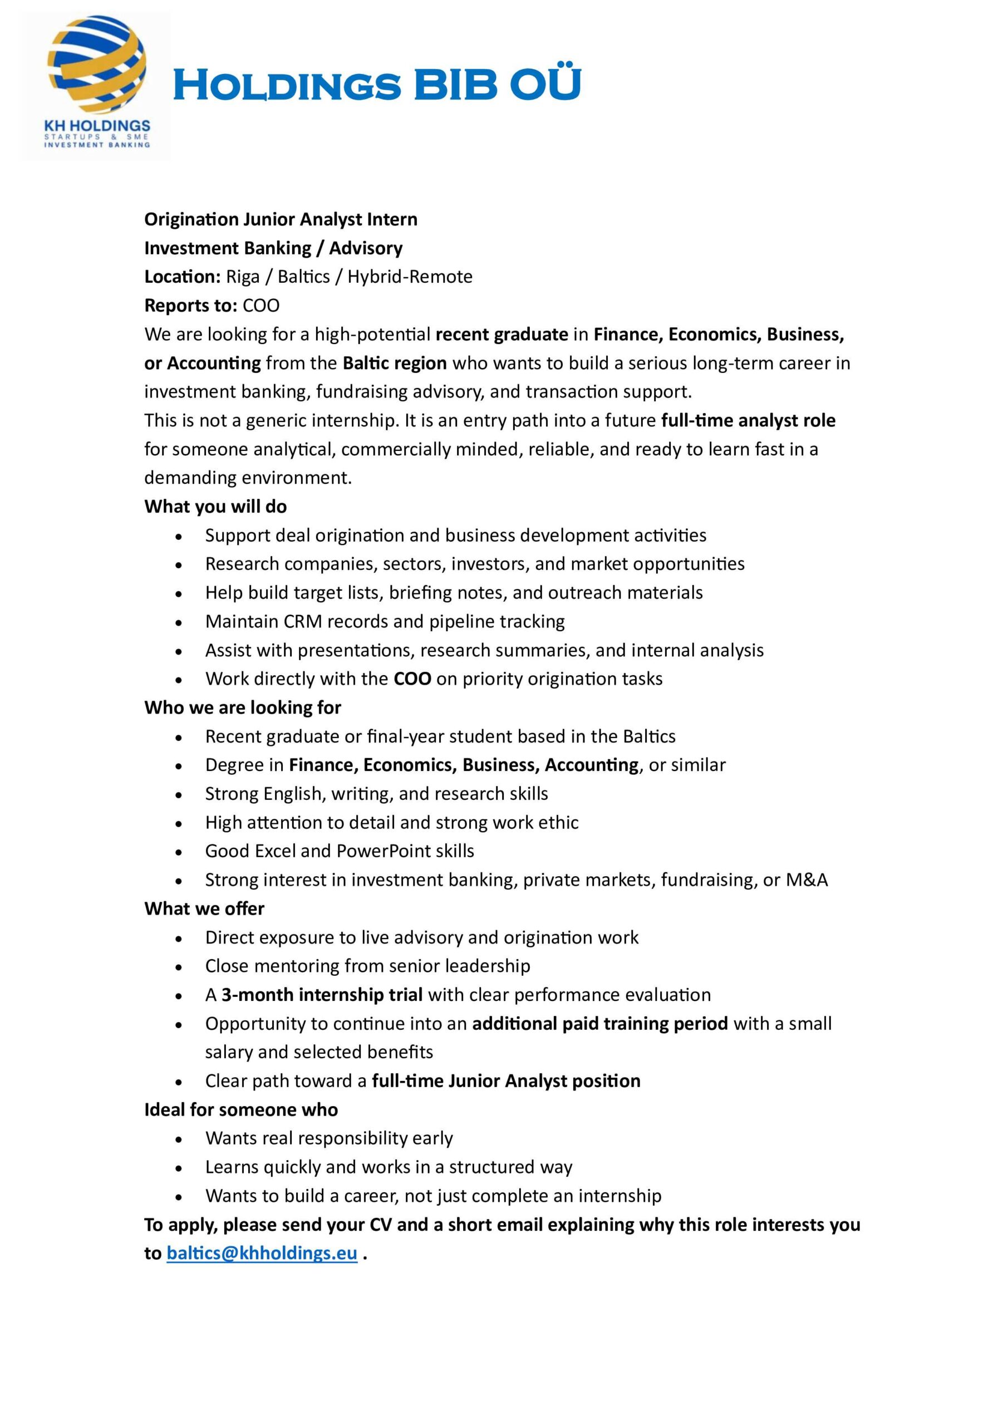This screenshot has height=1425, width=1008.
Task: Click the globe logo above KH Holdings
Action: pos(97,66)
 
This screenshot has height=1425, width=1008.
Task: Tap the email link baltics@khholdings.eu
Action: pos(262,1253)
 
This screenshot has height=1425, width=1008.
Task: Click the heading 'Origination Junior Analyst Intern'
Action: pos(281,219)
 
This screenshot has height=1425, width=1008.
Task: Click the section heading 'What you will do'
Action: pos(215,507)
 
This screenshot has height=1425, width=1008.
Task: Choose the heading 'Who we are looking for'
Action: pos(243,707)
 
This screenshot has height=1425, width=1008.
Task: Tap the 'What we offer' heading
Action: pos(204,908)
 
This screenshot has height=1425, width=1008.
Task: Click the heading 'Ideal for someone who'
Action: pos(241,1110)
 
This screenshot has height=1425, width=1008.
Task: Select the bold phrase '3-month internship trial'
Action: pos(322,995)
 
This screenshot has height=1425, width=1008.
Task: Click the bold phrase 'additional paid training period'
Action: pos(599,1024)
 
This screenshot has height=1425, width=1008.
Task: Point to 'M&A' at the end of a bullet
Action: pos(807,879)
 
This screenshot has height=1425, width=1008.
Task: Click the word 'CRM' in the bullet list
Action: pos(302,621)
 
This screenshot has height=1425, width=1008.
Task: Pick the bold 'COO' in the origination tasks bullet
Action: pos(412,679)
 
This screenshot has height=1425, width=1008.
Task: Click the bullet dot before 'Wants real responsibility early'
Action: pos(179,1139)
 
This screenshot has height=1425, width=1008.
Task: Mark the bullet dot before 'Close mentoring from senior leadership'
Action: pos(179,967)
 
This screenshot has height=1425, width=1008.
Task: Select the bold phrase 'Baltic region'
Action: pos(395,363)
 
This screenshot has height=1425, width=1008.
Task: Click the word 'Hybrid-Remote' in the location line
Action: pos(410,276)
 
